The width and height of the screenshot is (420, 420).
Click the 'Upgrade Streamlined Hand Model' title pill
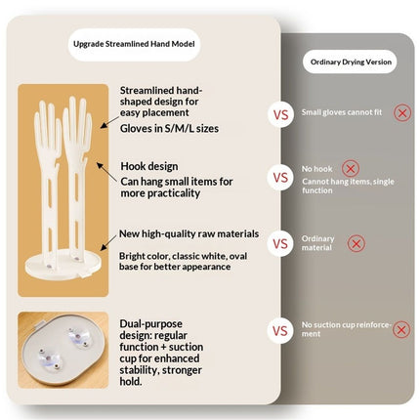134,44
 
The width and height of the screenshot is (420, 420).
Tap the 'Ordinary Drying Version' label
351,62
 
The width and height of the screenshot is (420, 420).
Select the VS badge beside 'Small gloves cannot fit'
280,114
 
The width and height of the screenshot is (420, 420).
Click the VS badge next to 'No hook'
280,178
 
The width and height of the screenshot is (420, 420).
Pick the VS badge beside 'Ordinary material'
280,244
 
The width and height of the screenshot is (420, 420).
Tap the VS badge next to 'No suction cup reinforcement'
280,331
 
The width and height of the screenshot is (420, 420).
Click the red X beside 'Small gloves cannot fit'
402,113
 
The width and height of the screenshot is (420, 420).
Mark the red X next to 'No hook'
351,169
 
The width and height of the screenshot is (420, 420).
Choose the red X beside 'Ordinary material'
357,243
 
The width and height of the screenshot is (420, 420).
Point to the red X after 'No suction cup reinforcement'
401,329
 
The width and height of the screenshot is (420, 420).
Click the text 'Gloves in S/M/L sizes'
169,129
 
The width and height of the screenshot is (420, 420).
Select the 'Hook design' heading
149,166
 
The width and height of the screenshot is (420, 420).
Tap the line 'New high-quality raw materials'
189,233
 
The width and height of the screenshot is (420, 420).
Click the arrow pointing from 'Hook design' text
106,173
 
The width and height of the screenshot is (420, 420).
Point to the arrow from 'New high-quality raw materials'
108,242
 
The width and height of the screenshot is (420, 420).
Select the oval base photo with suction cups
63,350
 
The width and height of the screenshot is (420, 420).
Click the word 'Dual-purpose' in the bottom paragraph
150,324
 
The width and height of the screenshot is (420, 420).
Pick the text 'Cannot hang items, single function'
348,186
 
